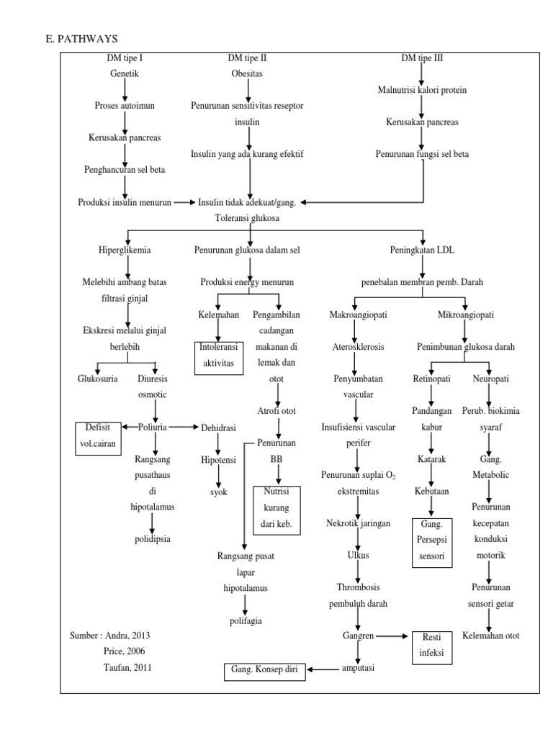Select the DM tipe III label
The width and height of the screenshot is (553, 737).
tap(422, 58)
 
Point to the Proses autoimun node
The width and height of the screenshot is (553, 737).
tap(125, 106)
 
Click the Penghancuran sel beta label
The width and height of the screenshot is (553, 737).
tap(125, 170)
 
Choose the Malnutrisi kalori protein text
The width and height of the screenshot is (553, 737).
tap(421, 90)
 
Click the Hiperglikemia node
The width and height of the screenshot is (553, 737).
tap(125, 250)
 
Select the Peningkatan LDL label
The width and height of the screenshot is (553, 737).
tap(422, 250)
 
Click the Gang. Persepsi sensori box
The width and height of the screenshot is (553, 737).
tap(430, 543)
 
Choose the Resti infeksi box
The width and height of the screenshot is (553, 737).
tap(431, 645)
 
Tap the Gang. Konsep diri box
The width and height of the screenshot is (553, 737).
tap(264, 672)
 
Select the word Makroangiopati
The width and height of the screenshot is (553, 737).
tap(354, 315)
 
